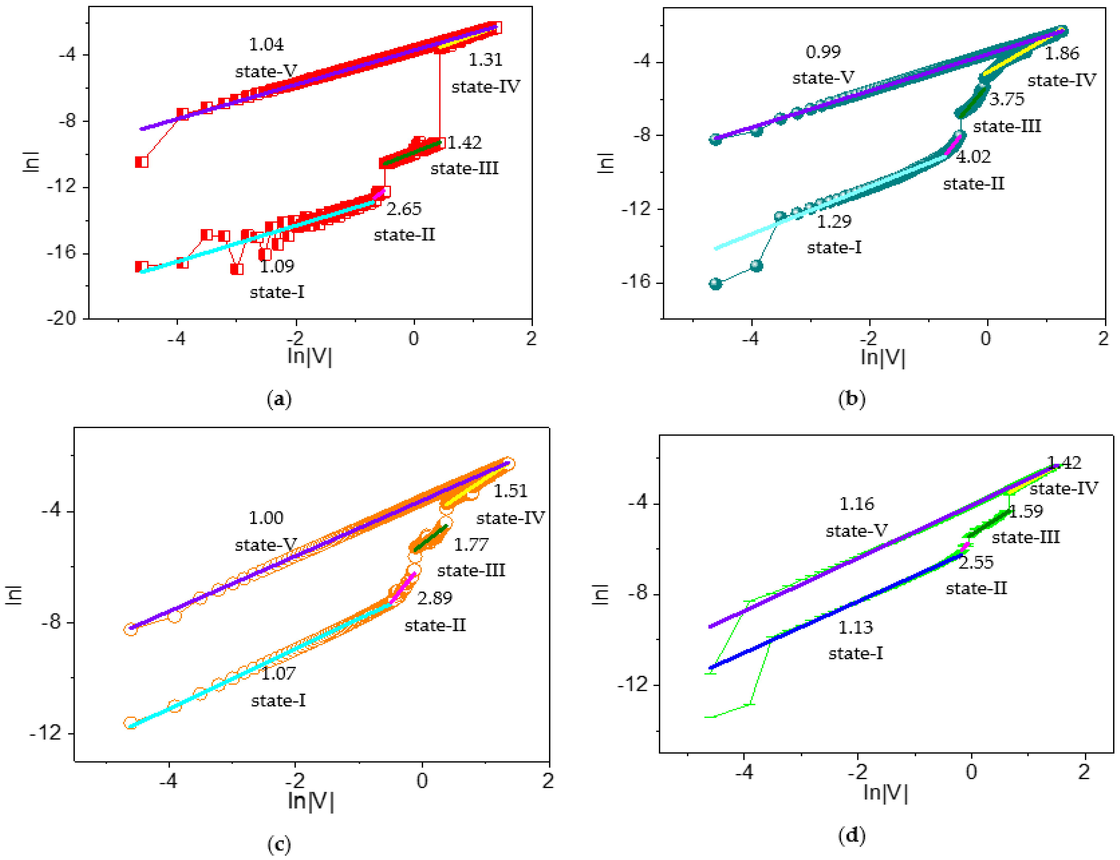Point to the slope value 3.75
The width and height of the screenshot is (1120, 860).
(x=1007, y=99)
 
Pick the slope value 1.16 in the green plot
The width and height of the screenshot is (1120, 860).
(x=857, y=504)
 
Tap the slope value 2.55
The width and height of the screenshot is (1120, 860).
(x=976, y=563)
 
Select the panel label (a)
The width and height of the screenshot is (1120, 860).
(x=279, y=399)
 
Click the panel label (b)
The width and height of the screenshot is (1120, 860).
(x=852, y=399)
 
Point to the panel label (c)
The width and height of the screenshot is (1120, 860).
(x=279, y=844)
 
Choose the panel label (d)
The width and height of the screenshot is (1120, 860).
(x=852, y=836)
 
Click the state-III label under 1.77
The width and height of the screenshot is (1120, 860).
(x=471, y=570)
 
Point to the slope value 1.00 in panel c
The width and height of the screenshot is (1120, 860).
(x=266, y=518)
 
